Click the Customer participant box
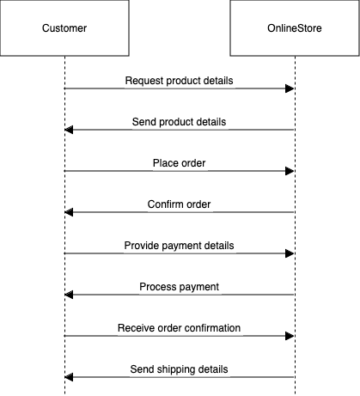[x=64, y=29]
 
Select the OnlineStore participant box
[x=295, y=29]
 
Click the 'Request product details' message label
[x=179, y=81]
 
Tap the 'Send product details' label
[x=179, y=122]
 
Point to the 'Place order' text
[x=179, y=163]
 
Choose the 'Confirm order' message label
[x=179, y=204]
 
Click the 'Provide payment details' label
[x=179, y=246]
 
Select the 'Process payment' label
[x=179, y=287]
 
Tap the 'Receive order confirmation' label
[x=179, y=328]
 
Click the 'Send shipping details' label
[x=179, y=369]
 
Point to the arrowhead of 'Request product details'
[x=290, y=88]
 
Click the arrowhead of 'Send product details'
[x=70, y=130]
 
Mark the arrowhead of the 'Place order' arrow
[x=290, y=171]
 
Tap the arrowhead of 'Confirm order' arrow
[x=70, y=212]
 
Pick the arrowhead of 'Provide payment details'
[x=290, y=253]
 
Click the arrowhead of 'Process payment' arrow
[x=70, y=295]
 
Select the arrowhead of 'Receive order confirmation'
[x=290, y=336]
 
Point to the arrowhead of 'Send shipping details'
[x=70, y=377]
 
